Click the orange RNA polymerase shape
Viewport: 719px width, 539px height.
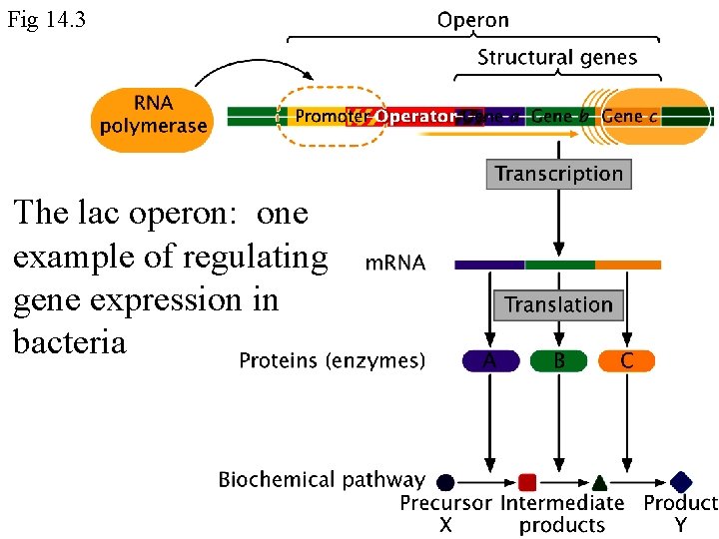[153, 116]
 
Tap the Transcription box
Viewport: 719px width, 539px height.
[558, 174]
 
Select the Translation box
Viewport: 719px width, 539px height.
[558, 304]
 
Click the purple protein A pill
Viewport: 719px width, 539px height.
[489, 360]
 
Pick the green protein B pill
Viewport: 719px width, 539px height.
[558, 360]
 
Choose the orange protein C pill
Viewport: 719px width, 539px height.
[627, 360]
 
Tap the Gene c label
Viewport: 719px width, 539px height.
[630, 117]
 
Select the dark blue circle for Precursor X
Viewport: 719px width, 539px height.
[445, 482]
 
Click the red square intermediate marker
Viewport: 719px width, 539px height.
[527, 482]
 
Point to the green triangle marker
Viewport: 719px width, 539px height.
[598, 482]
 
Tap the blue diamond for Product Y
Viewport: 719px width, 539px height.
[681, 482]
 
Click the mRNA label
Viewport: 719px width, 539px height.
[395, 264]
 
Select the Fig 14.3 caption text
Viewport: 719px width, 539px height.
[46, 19]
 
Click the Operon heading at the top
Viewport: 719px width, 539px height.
[472, 20]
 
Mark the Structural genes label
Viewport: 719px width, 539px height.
[556, 57]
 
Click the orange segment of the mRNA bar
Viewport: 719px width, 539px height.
[627, 266]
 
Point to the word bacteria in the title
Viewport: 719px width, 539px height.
[70, 341]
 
